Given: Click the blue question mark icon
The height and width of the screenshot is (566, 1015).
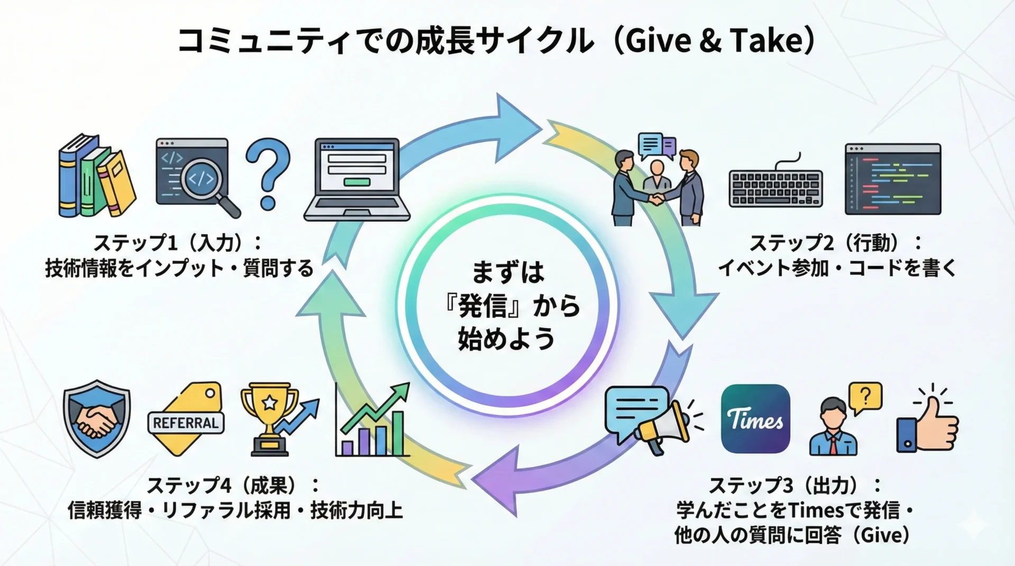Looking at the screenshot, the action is (268, 174).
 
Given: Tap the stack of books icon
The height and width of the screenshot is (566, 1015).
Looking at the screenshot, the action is (97, 176).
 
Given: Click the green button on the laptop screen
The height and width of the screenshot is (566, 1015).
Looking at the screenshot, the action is (357, 182).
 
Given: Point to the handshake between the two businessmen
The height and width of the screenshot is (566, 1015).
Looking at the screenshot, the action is (657, 199).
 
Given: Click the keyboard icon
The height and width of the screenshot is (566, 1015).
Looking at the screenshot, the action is (776, 185).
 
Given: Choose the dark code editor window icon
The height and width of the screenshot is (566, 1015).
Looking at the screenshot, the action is (893, 178).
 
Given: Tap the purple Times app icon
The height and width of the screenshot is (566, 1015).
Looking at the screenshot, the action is (755, 419).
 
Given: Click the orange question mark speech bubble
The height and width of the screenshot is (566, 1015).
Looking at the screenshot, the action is (865, 398).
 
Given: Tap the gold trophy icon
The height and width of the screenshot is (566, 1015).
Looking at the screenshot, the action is (270, 420).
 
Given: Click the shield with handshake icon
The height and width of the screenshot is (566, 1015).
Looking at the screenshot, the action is (97, 419).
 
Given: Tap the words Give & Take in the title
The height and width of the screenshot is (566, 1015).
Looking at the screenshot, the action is (714, 41).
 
